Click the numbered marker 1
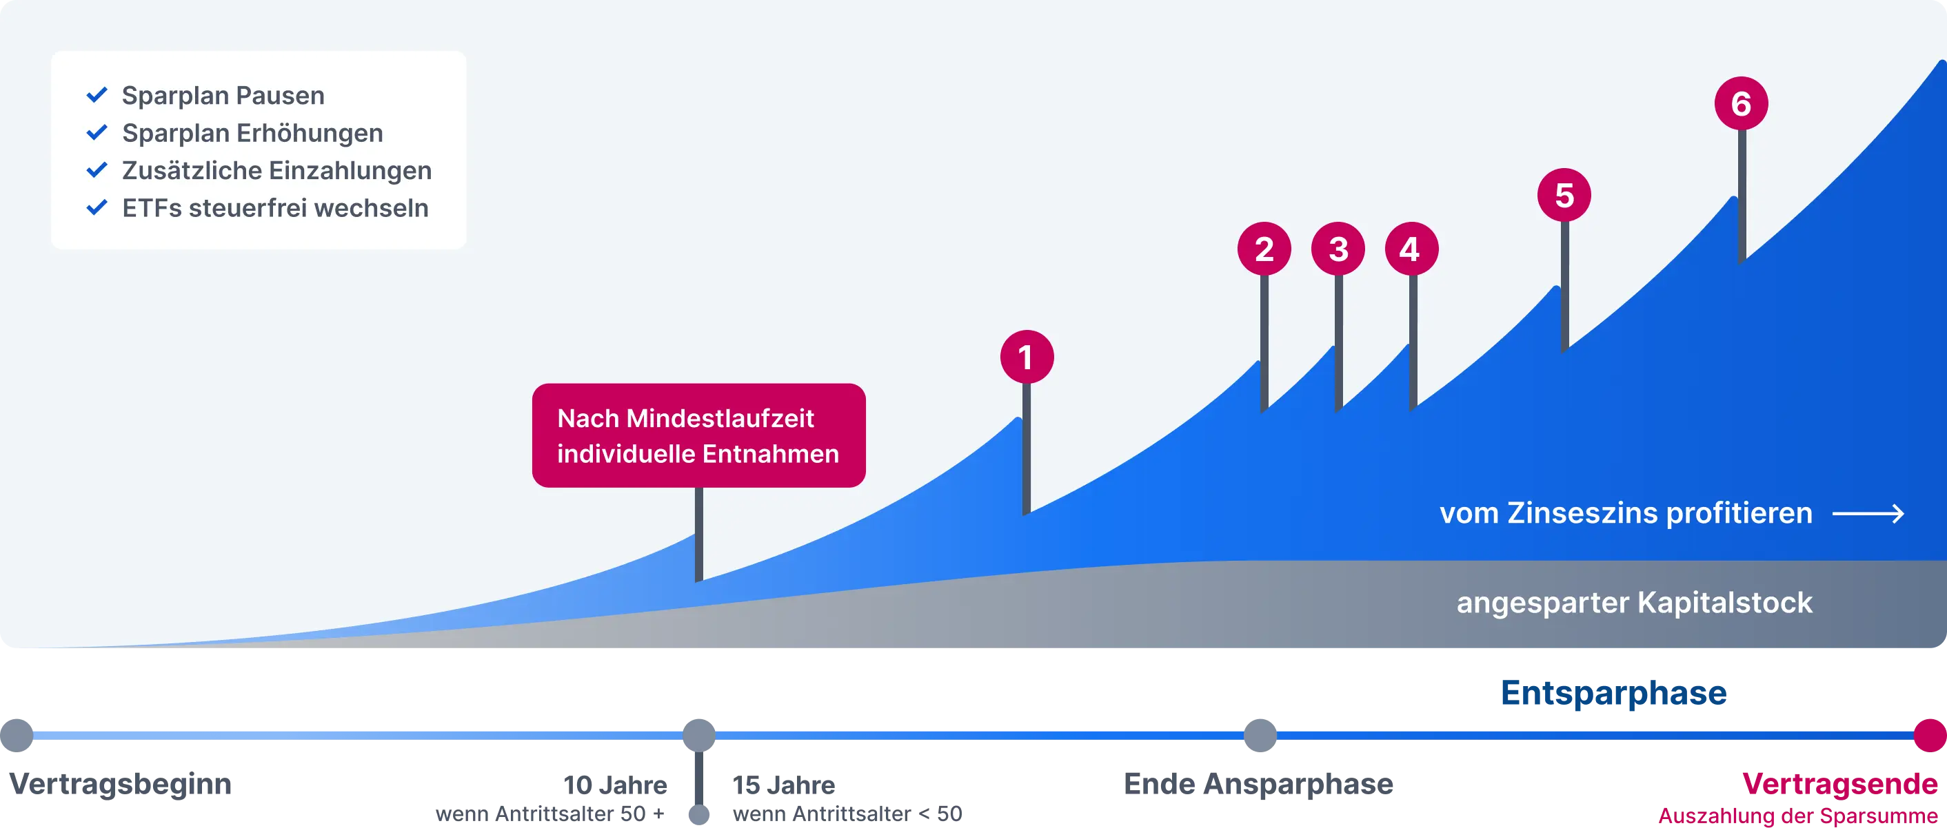click(1027, 357)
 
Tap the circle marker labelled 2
click(1264, 249)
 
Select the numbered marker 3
click(1338, 249)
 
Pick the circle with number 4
click(1411, 249)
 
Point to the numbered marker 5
click(1564, 195)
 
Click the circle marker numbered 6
click(1741, 103)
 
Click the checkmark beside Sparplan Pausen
click(97, 95)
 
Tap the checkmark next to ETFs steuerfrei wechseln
click(97, 208)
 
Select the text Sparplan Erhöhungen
click(252, 133)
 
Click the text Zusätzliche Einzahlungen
click(276, 171)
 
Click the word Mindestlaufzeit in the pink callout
click(720, 419)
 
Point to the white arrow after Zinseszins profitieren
click(1868, 514)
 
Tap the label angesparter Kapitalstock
click(1634, 603)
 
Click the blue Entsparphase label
click(1613, 693)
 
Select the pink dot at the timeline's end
click(1930, 735)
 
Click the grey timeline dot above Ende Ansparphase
click(1260, 735)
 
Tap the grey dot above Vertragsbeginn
click(17, 735)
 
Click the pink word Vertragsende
click(1839, 785)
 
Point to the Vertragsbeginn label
click(119, 787)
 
